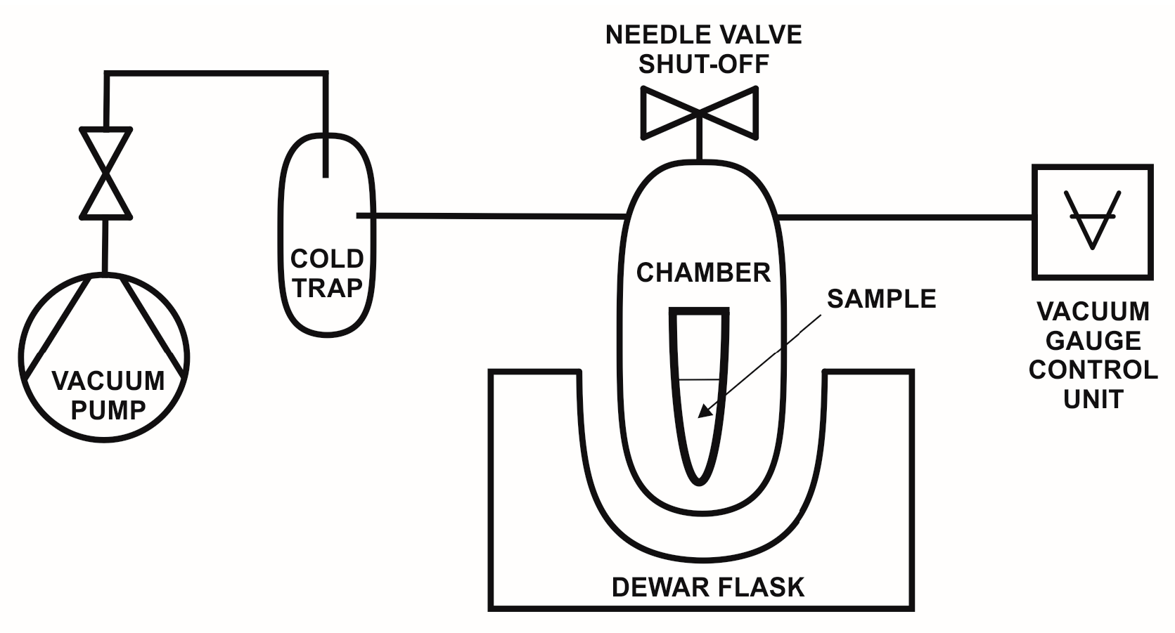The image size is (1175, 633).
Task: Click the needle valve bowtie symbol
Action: [700, 112]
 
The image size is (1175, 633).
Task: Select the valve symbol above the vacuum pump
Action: [105, 173]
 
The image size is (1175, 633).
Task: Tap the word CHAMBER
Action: [703, 273]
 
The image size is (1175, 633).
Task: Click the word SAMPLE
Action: [881, 299]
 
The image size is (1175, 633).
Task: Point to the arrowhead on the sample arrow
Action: [703, 413]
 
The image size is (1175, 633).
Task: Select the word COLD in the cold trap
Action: [327, 259]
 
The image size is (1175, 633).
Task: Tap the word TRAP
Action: [327, 288]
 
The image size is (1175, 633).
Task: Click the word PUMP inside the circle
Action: [108, 410]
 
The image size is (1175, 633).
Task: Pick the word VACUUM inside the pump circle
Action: [108, 381]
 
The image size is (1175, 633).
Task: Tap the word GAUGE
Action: [1093, 341]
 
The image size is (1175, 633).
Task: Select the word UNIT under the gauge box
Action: [1093, 399]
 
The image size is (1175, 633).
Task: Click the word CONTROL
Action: [1093, 370]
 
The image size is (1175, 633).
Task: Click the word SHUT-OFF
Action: [703, 64]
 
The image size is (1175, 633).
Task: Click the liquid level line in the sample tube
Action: [699, 380]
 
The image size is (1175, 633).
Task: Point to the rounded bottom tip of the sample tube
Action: [698, 481]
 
